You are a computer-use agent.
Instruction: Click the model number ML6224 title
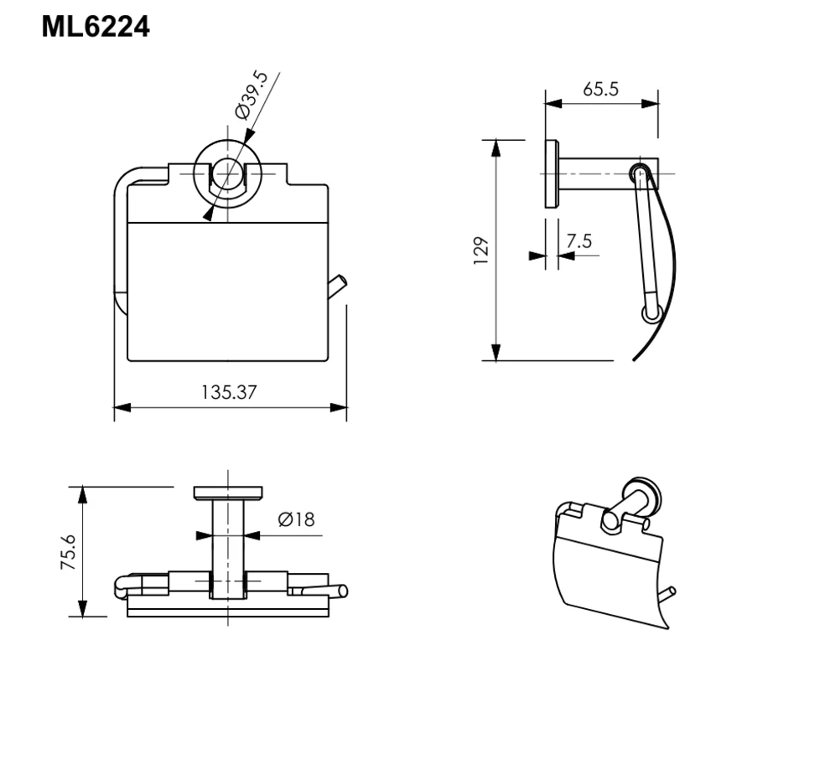pyautogui.click(x=96, y=26)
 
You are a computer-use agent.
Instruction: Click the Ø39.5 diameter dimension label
pyautogui.click(x=252, y=95)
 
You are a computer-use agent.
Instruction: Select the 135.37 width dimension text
pyautogui.click(x=229, y=392)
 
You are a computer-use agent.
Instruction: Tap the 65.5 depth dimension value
pyautogui.click(x=600, y=89)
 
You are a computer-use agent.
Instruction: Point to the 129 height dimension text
pyautogui.click(x=481, y=250)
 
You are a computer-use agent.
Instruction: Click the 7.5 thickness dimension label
pyautogui.click(x=579, y=240)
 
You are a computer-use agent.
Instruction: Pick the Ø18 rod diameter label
pyautogui.click(x=296, y=519)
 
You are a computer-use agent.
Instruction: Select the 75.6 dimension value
pyautogui.click(x=69, y=552)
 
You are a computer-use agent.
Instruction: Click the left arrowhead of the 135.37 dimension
pyautogui.click(x=122, y=407)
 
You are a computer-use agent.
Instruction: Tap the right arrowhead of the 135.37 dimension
pyautogui.click(x=339, y=407)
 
